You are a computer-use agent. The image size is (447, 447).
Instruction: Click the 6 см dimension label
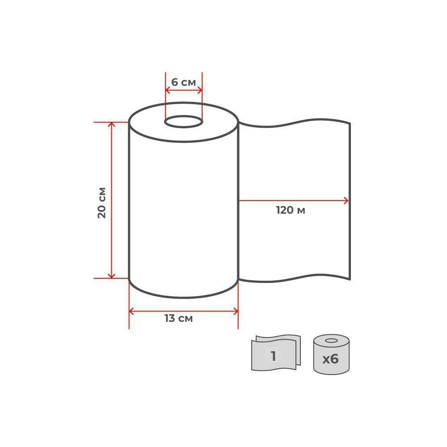click(x=184, y=82)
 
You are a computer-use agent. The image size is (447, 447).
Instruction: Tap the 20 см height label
click(x=102, y=202)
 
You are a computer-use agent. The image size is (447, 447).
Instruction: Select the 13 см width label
click(x=179, y=318)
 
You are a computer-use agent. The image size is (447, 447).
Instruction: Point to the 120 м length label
click(x=291, y=211)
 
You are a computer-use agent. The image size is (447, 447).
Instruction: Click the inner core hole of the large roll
click(x=184, y=122)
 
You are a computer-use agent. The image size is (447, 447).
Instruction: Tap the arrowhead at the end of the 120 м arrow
click(x=346, y=201)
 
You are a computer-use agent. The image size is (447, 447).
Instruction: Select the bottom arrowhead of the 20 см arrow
click(x=111, y=276)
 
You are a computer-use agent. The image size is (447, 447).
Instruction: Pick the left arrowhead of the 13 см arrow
click(x=131, y=311)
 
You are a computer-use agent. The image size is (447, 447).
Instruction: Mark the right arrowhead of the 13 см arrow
click(x=236, y=311)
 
